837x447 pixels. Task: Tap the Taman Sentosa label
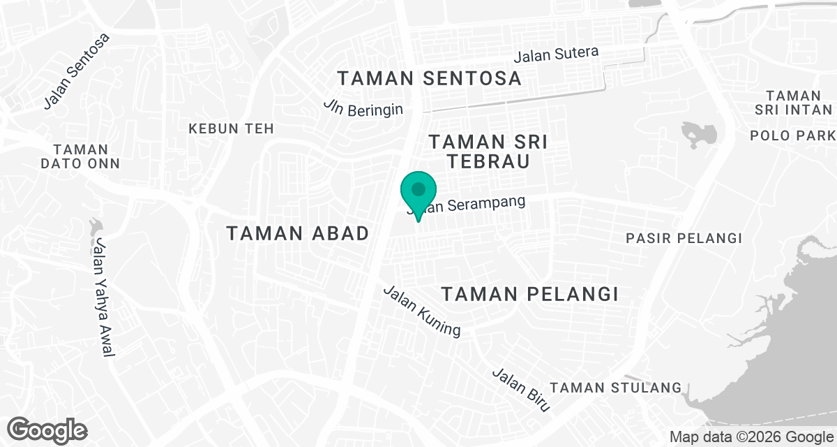429,78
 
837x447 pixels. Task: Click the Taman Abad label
298,234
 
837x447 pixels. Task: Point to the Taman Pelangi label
531,294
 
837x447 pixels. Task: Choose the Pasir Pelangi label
684,238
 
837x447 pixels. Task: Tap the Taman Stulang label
616,388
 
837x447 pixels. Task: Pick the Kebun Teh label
231,129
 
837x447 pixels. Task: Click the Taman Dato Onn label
80,156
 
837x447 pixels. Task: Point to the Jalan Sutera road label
557,54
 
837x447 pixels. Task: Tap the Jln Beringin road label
363,107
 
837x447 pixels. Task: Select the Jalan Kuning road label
422,311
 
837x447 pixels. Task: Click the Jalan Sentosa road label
77,71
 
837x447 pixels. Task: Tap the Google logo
47,430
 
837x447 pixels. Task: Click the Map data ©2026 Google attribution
751,437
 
